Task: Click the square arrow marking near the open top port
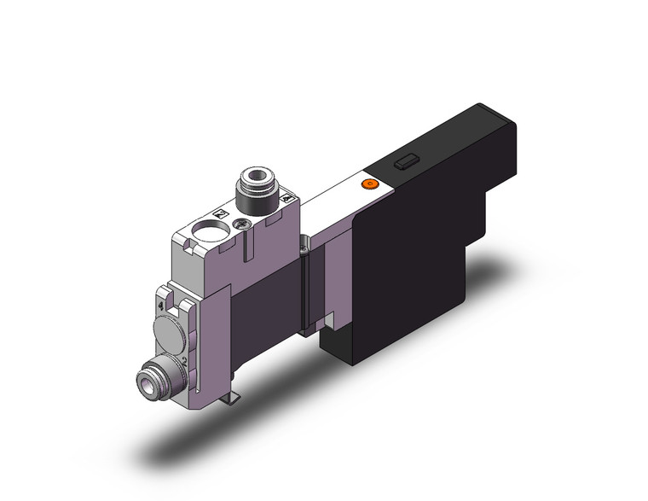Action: (x=220, y=214)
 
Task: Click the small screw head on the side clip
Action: (x=303, y=250)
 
